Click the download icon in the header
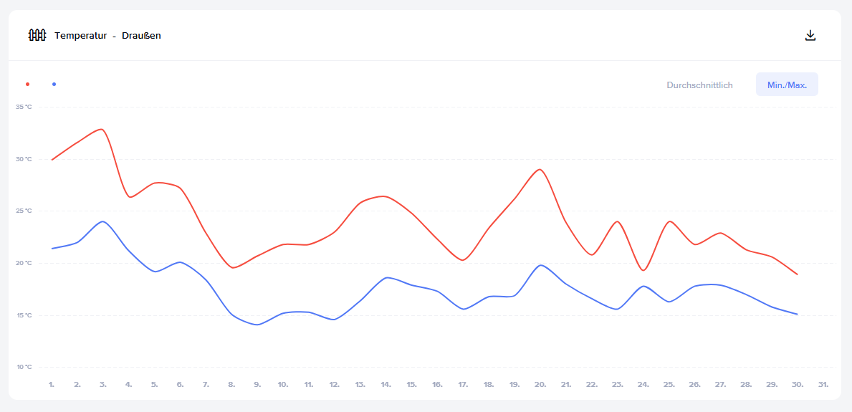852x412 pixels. tap(810, 35)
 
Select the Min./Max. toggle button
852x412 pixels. tap(787, 85)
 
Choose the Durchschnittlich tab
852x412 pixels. tap(699, 85)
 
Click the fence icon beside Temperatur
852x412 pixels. tap(37, 35)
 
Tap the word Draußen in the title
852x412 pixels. tap(141, 36)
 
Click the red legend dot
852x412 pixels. tap(27, 85)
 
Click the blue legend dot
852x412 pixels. tap(54, 85)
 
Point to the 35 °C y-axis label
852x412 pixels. tap(24, 107)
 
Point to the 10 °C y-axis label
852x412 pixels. tap(24, 367)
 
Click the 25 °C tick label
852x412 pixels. tap(24, 211)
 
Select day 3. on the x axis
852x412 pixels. tap(103, 385)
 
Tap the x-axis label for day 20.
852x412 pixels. tap(540, 385)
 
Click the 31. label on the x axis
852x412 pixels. tap(823, 385)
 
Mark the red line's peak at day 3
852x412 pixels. tap(102, 129)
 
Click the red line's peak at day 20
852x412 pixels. tap(540, 170)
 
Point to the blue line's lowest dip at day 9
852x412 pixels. tap(257, 325)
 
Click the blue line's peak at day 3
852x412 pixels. tap(103, 221)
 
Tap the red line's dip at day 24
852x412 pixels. tap(643, 270)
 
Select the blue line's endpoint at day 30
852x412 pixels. tap(798, 314)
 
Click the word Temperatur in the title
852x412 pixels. tap(81, 36)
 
